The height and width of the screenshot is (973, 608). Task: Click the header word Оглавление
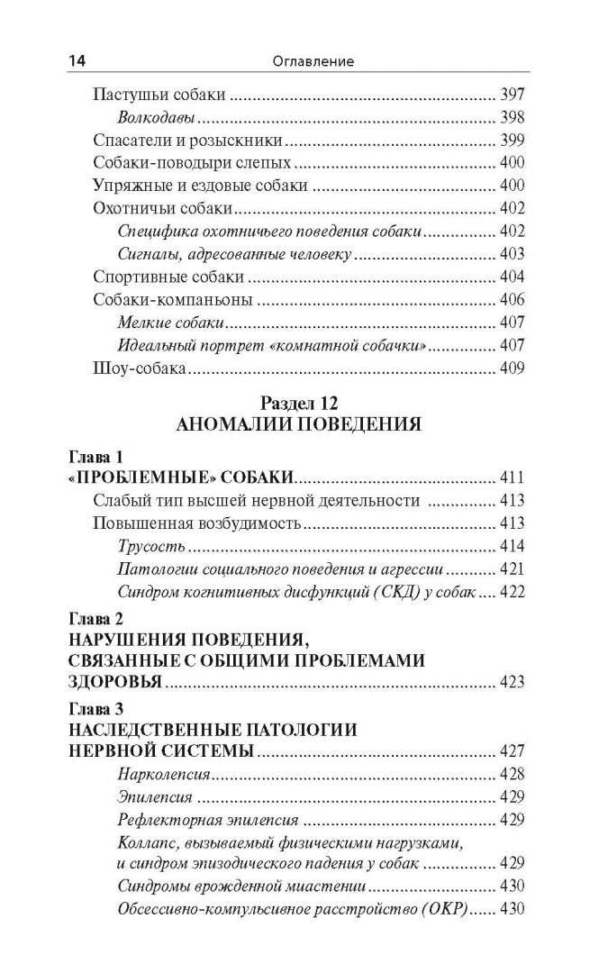[314, 61]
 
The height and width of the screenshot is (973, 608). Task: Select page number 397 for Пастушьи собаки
[511, 94]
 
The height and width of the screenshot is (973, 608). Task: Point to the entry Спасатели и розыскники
[188, 140]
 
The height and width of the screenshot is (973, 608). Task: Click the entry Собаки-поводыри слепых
[192, 162]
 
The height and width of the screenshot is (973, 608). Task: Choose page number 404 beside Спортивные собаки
[511, 277]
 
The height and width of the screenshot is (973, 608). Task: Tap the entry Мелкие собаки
[171, 322]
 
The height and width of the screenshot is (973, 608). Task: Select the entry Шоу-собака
[140, 368]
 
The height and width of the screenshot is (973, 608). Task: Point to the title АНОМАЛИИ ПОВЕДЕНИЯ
[298, 423]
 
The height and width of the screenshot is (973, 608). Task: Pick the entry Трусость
[151, 546]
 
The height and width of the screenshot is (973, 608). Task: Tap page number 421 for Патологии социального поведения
[511, 569]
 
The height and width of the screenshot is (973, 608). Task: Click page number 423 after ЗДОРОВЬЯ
[511, 682]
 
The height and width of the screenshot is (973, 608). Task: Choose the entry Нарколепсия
[164, 774]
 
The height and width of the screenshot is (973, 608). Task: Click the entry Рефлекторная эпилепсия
[208, 820]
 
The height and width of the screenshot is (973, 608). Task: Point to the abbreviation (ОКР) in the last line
[447, 909]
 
